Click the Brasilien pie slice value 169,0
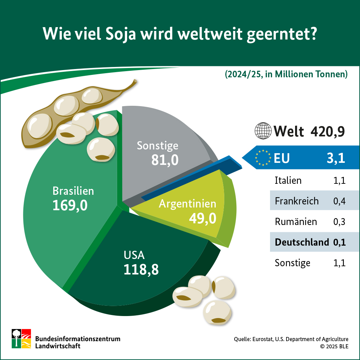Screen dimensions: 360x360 (x=70, y=205)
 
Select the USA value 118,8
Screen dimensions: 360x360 (x=141, y=269)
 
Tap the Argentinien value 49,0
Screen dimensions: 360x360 (x=202, y=218)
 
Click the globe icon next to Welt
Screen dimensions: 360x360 (x=263, y=131)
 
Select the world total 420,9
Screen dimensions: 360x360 (x=327, y=131)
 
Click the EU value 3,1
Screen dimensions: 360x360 (x=336, y=158)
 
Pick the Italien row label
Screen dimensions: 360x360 (x=288, y=180)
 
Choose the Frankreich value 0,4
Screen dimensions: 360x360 (x=339, y=201)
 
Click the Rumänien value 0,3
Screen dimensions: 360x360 (x=339, y=222)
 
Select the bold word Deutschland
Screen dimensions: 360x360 (x=302, y=242)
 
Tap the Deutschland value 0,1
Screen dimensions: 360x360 (x=339, y=242)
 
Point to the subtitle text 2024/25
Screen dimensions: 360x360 (x=242, y=74)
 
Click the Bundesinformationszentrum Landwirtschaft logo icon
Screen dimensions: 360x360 (x=21, y=338)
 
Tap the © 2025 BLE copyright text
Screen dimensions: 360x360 (x=334, y=346)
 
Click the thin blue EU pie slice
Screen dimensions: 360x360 (x=192, y=180)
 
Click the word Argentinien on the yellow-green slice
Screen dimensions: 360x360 (x=188, y=203)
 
